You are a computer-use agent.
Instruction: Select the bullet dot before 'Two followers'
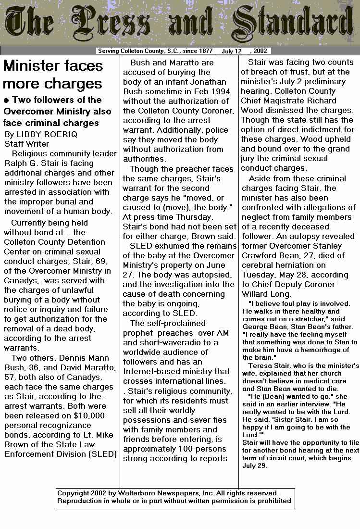point(6,100)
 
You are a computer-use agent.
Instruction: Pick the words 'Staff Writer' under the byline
point(27,144)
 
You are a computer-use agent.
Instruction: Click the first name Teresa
point(261,366)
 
